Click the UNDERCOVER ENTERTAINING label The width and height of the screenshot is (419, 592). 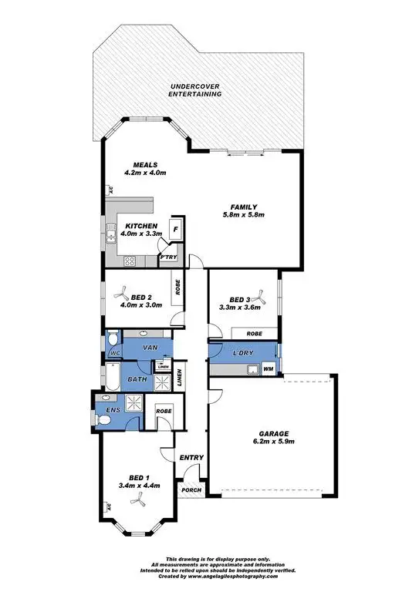[x=195, y=89]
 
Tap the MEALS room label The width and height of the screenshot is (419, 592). [x=145, y=164]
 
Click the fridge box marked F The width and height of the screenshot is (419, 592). [x=176, y=229]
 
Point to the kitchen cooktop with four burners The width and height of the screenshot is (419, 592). [x=127, y=260]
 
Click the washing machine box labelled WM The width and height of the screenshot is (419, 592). [x=269, y=369]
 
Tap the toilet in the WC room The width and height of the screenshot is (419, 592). [x=113, y=339]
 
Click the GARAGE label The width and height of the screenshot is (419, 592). [x=274, y=432]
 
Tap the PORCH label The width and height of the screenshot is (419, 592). [x=190, y=490]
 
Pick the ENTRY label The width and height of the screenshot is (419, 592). [x=191, y=458]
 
